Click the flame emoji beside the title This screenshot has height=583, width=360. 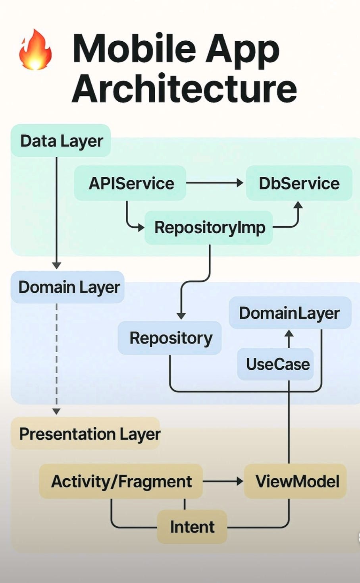35,50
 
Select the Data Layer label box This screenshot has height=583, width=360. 61,141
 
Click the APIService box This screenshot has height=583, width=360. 131,183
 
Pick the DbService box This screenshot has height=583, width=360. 299,183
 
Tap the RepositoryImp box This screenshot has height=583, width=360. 209,228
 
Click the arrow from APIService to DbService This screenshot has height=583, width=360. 214,183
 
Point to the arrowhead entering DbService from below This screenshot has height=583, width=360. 298,205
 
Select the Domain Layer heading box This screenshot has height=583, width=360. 68,287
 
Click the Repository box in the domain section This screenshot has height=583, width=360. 170,338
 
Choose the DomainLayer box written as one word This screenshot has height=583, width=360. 289,313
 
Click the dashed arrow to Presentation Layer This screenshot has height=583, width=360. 56,357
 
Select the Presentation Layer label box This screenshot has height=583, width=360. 89,434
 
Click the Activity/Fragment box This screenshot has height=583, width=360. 121,482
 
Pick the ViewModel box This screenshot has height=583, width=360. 296,482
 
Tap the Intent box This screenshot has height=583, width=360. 192,527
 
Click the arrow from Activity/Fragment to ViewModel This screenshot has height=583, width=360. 222,481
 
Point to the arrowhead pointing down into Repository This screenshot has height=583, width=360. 181,316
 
